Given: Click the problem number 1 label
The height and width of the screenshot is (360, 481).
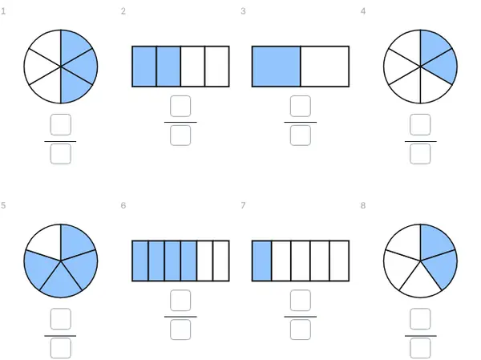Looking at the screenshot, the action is [3, 11].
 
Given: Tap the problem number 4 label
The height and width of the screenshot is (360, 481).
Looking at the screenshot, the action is [363, 11].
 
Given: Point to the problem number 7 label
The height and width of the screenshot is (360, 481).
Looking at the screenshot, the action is [243, 205].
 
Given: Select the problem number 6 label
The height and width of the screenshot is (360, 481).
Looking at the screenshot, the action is [123, 205].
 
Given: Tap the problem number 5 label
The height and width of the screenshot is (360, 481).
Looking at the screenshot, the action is [3, 205].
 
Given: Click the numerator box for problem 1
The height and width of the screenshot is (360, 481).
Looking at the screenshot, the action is [61, 124].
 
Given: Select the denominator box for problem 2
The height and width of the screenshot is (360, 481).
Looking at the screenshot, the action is [180, 136].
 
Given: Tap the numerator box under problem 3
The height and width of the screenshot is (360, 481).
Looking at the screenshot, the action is [301, 106].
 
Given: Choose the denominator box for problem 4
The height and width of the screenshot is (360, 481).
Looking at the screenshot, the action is [420, 154].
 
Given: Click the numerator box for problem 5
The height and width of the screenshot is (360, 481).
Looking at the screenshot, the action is [61, 319].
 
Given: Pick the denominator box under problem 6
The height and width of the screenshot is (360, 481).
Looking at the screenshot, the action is [180, 330].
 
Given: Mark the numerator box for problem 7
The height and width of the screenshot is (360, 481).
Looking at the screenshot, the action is [301, 301].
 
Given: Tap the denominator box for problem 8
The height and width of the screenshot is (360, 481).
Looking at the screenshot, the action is [420, 348].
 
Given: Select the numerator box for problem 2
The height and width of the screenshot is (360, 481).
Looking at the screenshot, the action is [180, 106].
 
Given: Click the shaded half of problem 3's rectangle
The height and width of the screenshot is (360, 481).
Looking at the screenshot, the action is [276, 67].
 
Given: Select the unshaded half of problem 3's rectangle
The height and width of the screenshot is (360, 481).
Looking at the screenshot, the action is [325, 67].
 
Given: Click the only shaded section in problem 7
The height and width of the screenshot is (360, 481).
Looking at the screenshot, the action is [261, 261].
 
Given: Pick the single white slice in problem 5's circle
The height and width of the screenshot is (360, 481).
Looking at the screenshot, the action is [46, 241].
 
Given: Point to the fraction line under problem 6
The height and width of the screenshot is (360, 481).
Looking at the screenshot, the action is [180, 317].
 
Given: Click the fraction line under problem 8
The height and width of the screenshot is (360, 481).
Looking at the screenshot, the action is [421, 336].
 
